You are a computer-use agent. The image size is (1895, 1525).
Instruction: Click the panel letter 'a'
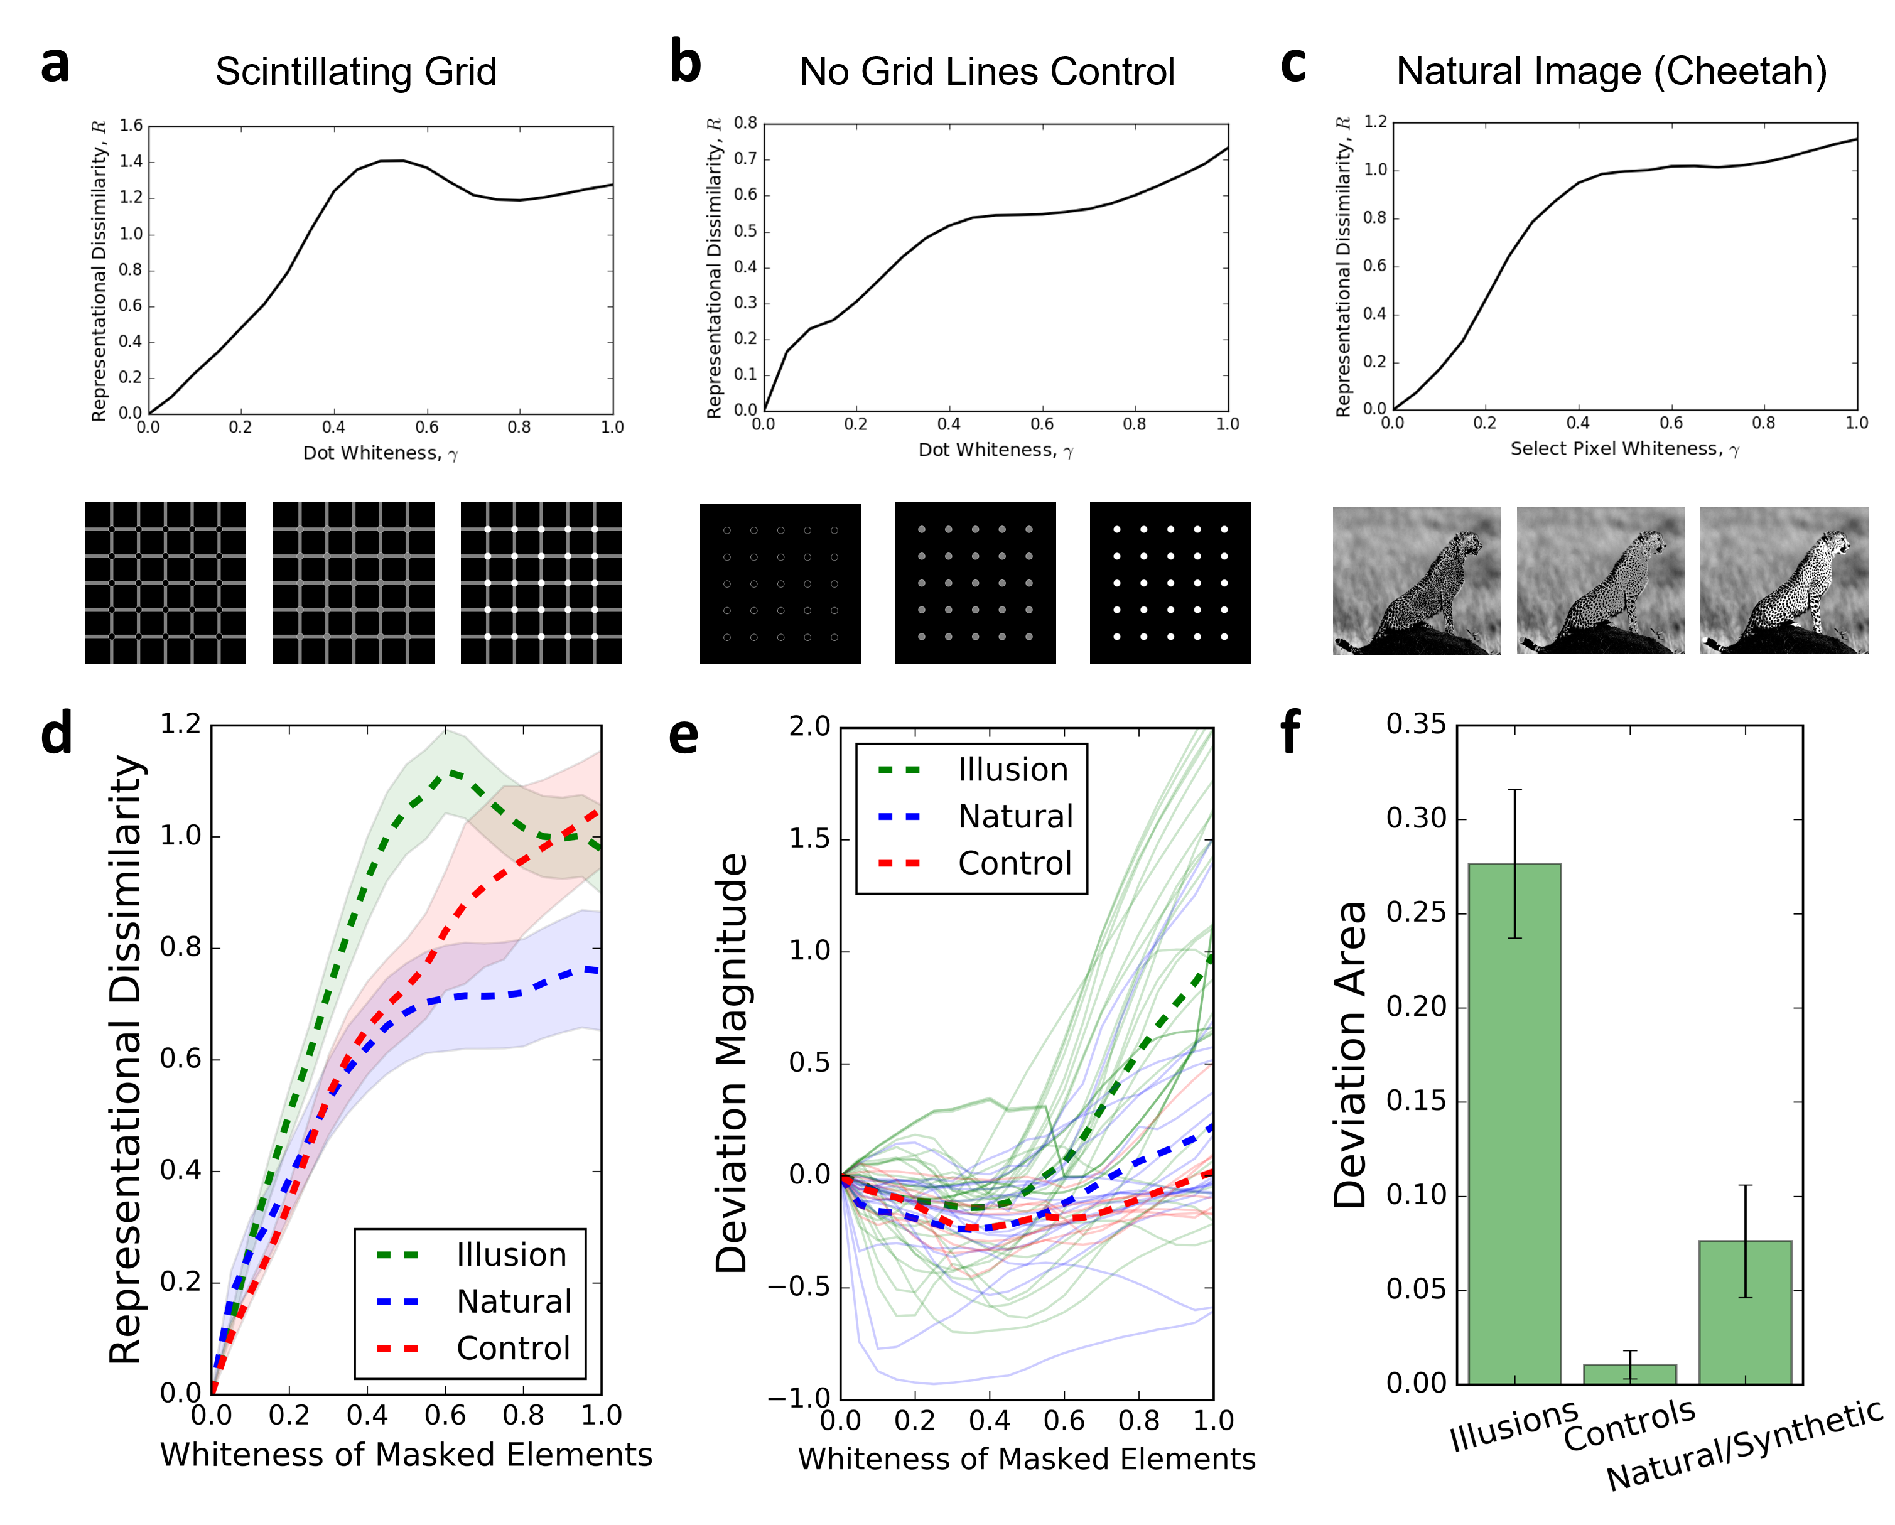click(x=55, y=66)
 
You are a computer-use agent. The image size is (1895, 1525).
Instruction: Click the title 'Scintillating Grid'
click(x=356, y=71)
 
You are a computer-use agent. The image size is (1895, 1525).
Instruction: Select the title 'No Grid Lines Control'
click(x=986, y=71)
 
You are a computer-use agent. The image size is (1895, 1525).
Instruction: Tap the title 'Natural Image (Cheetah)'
click(x=1611, y=71)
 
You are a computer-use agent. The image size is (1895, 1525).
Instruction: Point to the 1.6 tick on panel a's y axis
click(x=131, y=126)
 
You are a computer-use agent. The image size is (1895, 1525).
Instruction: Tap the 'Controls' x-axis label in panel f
click(x=1629, y=1425)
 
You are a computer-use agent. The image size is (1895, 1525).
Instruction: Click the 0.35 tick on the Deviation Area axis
click(x=1416, y=725)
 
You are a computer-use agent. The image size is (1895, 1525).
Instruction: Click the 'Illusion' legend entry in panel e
click(x=1013, y=770)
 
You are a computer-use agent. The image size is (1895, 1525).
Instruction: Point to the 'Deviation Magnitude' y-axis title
click(x=732, y=1063)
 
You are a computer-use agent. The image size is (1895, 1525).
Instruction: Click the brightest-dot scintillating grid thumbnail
click(x=541, y=583)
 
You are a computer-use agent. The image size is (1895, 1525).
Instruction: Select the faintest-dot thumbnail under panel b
click(x=780, y=583)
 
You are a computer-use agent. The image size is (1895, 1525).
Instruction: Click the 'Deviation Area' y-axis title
click(x=1350, y=1054)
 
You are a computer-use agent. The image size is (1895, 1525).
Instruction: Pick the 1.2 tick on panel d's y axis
click(x=180, y=725)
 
